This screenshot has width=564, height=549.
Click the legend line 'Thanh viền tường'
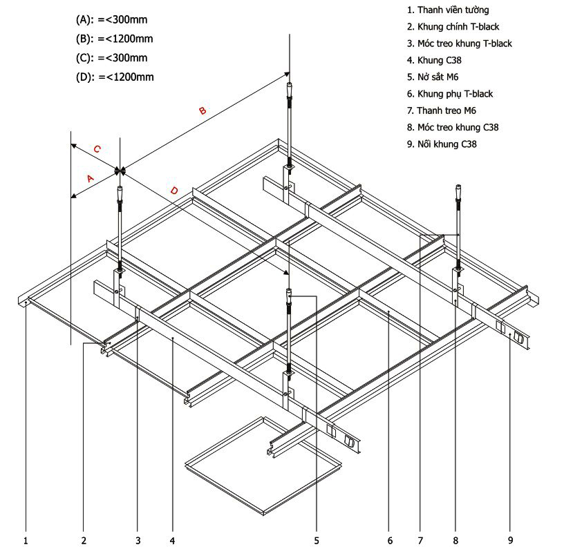448,10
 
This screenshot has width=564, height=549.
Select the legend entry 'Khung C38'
434,60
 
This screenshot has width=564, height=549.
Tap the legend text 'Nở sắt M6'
433,77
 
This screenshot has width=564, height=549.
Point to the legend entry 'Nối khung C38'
442,144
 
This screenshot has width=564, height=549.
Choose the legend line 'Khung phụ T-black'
450,94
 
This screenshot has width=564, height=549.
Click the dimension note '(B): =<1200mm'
114,39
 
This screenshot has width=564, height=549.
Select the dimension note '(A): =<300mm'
111,20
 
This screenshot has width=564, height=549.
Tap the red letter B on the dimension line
203,110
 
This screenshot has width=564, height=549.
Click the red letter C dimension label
97,148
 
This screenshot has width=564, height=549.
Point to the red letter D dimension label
174,190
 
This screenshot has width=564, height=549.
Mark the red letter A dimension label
91,178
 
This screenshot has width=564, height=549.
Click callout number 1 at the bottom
26,541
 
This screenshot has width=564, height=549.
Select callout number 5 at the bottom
317,541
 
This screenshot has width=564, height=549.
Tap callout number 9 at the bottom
510,540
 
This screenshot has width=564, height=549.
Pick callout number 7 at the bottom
420,541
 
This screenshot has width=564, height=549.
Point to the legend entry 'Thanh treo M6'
442,110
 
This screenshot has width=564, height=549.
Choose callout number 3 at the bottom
138,541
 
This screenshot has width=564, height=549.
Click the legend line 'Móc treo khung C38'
453,127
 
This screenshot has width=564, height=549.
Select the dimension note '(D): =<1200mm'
115,77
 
